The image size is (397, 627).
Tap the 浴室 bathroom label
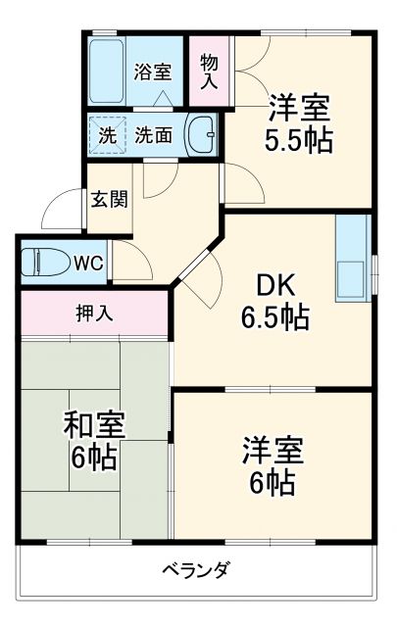(x=152, y=71)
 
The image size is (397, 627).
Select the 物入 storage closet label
(x=209, y=72)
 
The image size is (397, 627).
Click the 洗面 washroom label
(x=154, y=135)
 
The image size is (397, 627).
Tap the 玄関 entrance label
(x=109, y=200)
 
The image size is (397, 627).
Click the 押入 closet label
(x=94, y=314)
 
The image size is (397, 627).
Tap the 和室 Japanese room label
(x=94, y=426)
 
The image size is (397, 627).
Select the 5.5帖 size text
(x=298, y=139)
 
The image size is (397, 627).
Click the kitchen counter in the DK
(x=350, y=257)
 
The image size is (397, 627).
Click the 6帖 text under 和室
(x=94, y=457)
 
